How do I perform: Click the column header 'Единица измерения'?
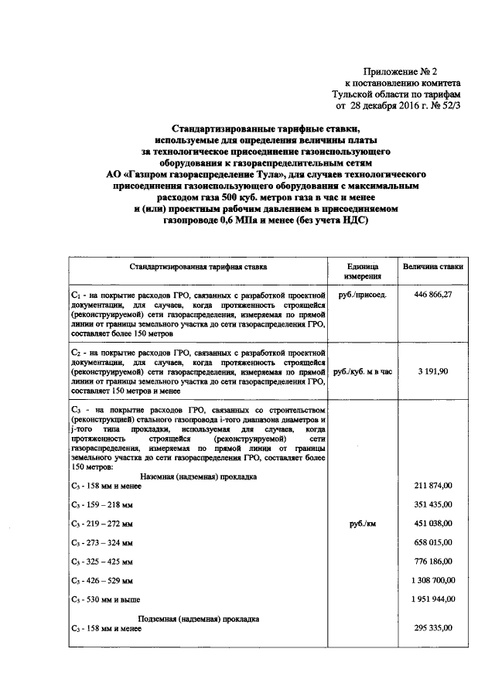[363, 271]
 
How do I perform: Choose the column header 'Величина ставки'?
[433, 266]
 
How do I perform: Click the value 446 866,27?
[433, 295]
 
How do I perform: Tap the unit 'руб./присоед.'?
[363, 295]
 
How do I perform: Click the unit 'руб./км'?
[363, 524]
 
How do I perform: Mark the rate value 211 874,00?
[433, 486]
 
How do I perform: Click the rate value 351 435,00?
[433, 504]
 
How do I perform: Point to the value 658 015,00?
[433, 542]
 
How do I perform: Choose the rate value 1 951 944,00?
[430, 599]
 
